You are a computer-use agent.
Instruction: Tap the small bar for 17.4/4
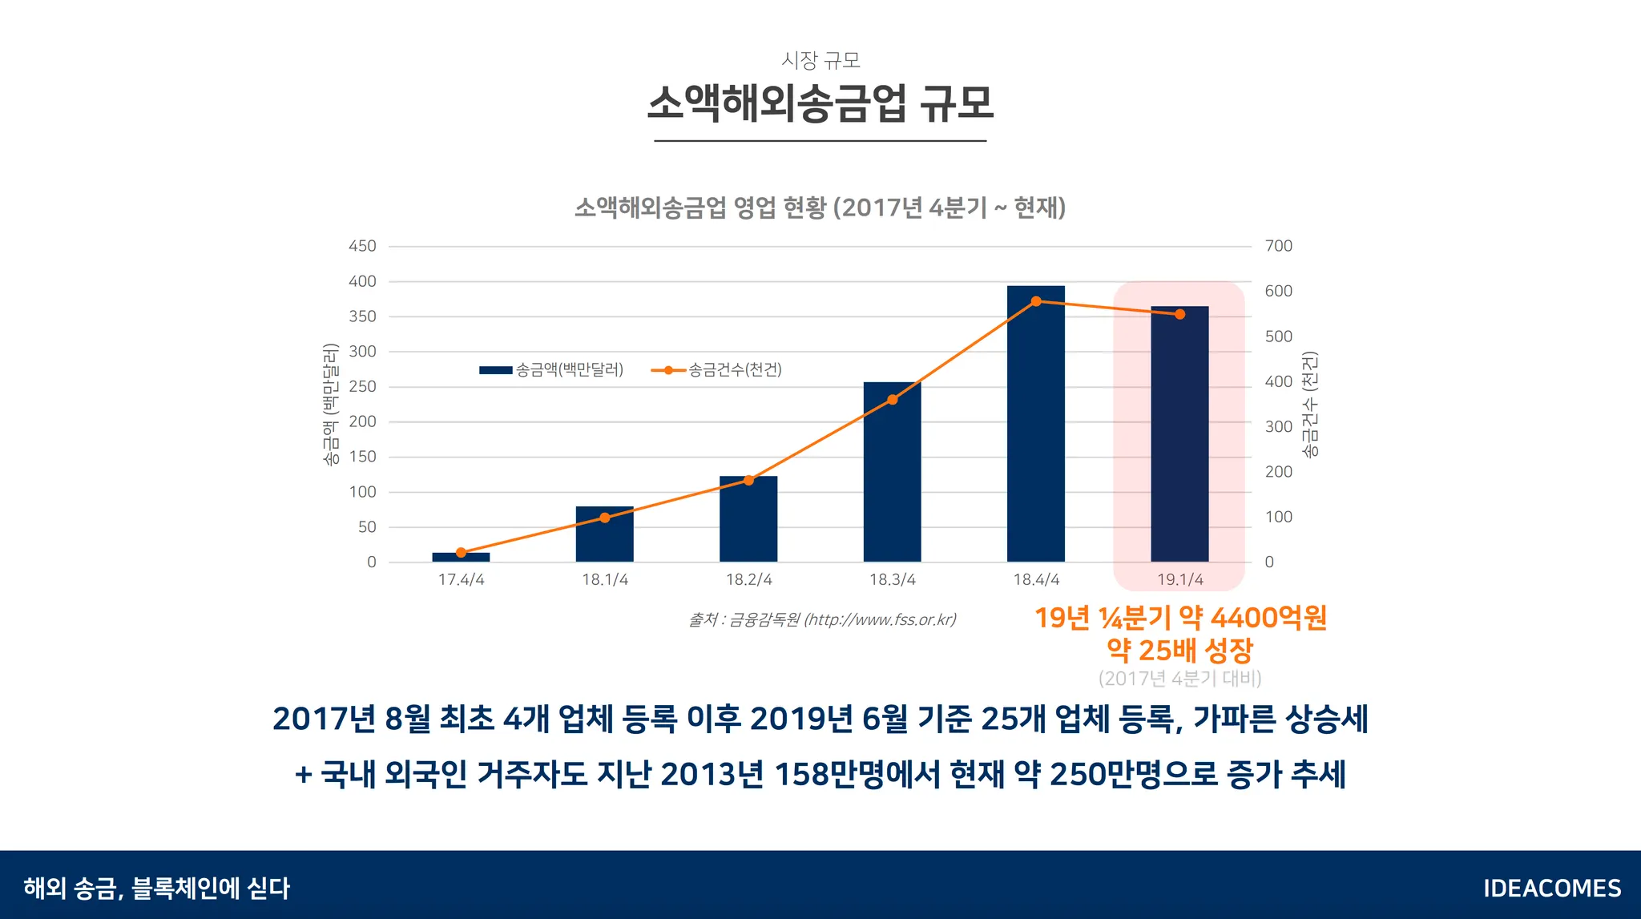point(461,557)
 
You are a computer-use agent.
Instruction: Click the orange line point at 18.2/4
point(748,480)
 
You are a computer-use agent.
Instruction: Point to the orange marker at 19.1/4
point(1179,314)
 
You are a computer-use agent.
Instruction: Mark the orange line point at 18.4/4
point(1036,301)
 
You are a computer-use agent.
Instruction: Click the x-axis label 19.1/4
point(1179,579)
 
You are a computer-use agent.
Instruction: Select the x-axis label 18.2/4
point(748,579)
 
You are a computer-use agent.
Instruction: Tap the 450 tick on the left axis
point(362,246)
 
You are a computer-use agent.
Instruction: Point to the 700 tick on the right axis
point(1278,246)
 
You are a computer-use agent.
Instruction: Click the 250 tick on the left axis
point(362,386)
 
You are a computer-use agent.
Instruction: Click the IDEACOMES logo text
point(1551,888)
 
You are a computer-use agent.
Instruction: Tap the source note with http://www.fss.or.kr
point(822,619)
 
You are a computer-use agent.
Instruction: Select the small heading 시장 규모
point(820,60)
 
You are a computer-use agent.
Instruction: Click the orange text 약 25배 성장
point(1179,650)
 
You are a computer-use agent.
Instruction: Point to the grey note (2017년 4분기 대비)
point(1179,679)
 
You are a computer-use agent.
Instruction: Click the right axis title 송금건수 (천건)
point(1309,405)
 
